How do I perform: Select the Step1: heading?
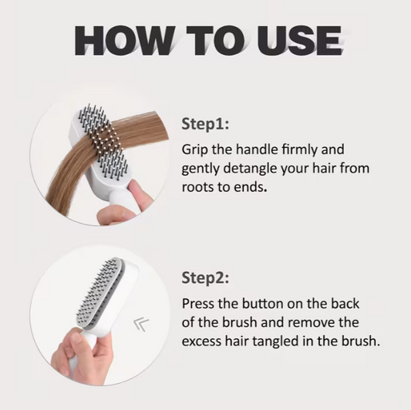point(206,123)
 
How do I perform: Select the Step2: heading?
point(206,277)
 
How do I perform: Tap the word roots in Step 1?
point(200,187)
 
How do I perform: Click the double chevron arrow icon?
point(142,324)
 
